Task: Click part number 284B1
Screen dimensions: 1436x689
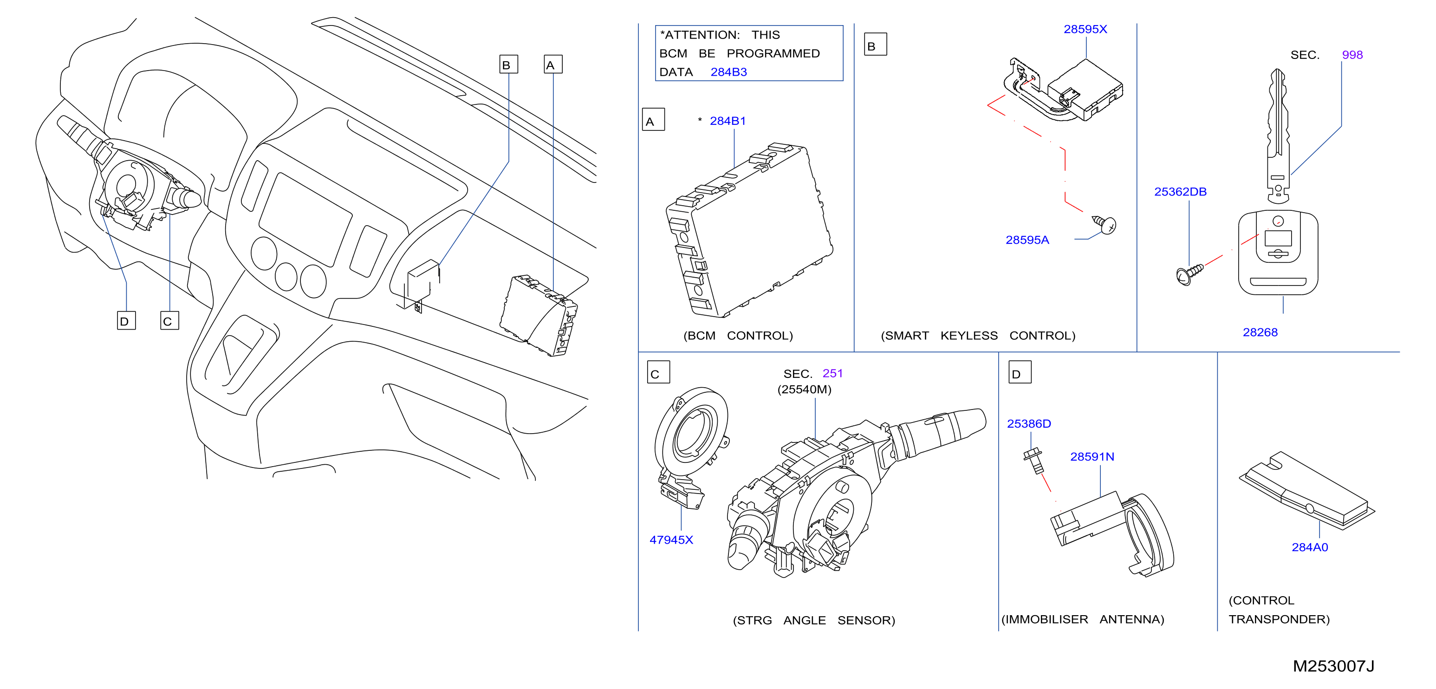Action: [x=728, y=121]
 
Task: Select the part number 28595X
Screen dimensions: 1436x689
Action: [x=1085, y=29]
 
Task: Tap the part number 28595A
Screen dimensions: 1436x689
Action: [x=1027, y=240]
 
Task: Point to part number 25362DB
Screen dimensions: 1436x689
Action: [x=1180, y=192]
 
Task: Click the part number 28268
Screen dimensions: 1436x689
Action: [x=1260, y=332]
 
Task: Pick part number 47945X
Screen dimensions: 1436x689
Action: [x=671, y=539]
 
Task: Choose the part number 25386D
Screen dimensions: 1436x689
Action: [x=1028, y=423]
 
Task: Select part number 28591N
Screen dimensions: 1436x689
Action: [x=1092, y=456]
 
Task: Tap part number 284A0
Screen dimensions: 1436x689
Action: [x=1309, y=547]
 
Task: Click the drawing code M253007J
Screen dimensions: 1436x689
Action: [x=1333, y=666]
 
